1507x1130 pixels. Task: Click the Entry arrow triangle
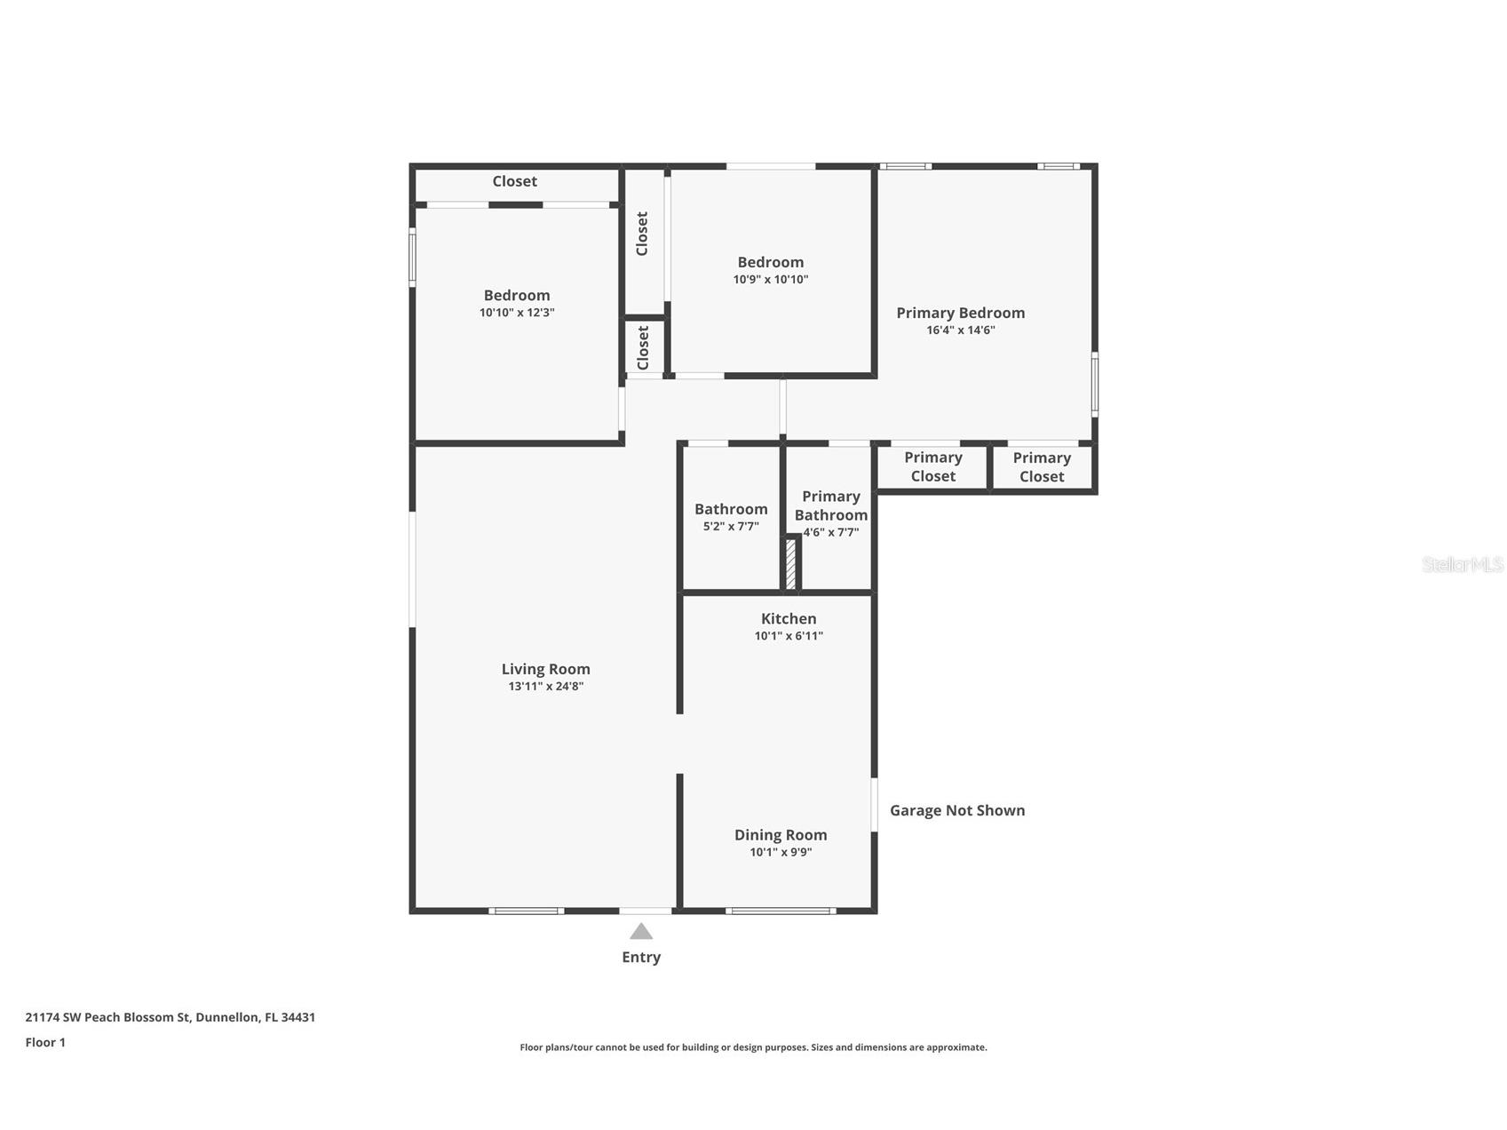pos(641,931)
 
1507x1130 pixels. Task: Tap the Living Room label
pos(545,669)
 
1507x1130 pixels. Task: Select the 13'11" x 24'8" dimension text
pos(545,687)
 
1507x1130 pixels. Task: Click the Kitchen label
pos(789,618)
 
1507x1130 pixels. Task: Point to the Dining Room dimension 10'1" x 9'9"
pos(781,852)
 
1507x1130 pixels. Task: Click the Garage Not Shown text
pos(957,810)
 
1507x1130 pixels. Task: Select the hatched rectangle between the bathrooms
pos(790,563)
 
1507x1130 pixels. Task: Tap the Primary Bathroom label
pos(831,505)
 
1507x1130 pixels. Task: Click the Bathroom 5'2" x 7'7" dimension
pos(731,526)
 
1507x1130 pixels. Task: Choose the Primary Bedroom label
pos(960,313)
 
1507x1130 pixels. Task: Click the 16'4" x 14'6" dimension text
pos(960,330)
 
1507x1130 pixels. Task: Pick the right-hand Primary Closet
pos(1042,467)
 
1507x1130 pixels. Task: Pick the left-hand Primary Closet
pos(932,466)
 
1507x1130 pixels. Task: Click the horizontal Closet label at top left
pos(514,181)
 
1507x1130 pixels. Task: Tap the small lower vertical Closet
pos(644,347)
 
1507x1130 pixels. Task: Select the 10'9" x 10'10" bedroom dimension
pos(770,280)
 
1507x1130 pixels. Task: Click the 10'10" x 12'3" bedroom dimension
pos(517,313)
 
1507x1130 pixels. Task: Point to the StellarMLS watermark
pos(1462,564)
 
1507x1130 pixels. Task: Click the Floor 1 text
pos(45,1042)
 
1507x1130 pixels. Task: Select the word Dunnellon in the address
pos(226,1017)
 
